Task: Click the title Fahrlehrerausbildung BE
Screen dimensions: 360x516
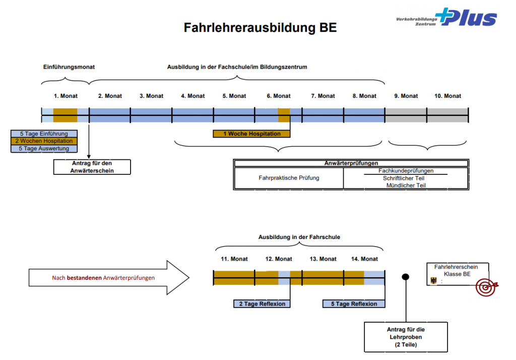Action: point(260,27)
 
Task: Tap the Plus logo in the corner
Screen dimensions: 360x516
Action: point(446,18)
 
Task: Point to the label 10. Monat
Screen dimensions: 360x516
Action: point(448,96)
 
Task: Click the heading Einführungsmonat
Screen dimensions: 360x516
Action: point(69,67)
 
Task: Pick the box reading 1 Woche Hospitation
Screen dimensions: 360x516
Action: point(252,134)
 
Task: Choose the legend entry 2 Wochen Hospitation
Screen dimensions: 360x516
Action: point(43,141)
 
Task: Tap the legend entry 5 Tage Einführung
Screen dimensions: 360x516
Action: point(43,134)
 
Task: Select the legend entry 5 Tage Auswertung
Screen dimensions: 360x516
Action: point(43,149)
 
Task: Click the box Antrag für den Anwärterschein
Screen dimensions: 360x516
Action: point(92,167)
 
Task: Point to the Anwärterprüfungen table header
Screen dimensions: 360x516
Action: point(351,163)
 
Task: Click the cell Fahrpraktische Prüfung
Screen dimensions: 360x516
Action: point(289,178)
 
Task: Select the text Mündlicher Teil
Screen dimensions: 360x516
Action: point(406,185)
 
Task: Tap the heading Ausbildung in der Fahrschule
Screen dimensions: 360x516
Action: point(299,237)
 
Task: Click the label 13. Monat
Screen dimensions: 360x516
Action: point(323,259)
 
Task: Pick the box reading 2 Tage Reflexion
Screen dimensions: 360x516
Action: point(262,304)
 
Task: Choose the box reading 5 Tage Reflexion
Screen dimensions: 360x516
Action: point(354,304)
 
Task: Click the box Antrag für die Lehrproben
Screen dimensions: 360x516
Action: point(406,337)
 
